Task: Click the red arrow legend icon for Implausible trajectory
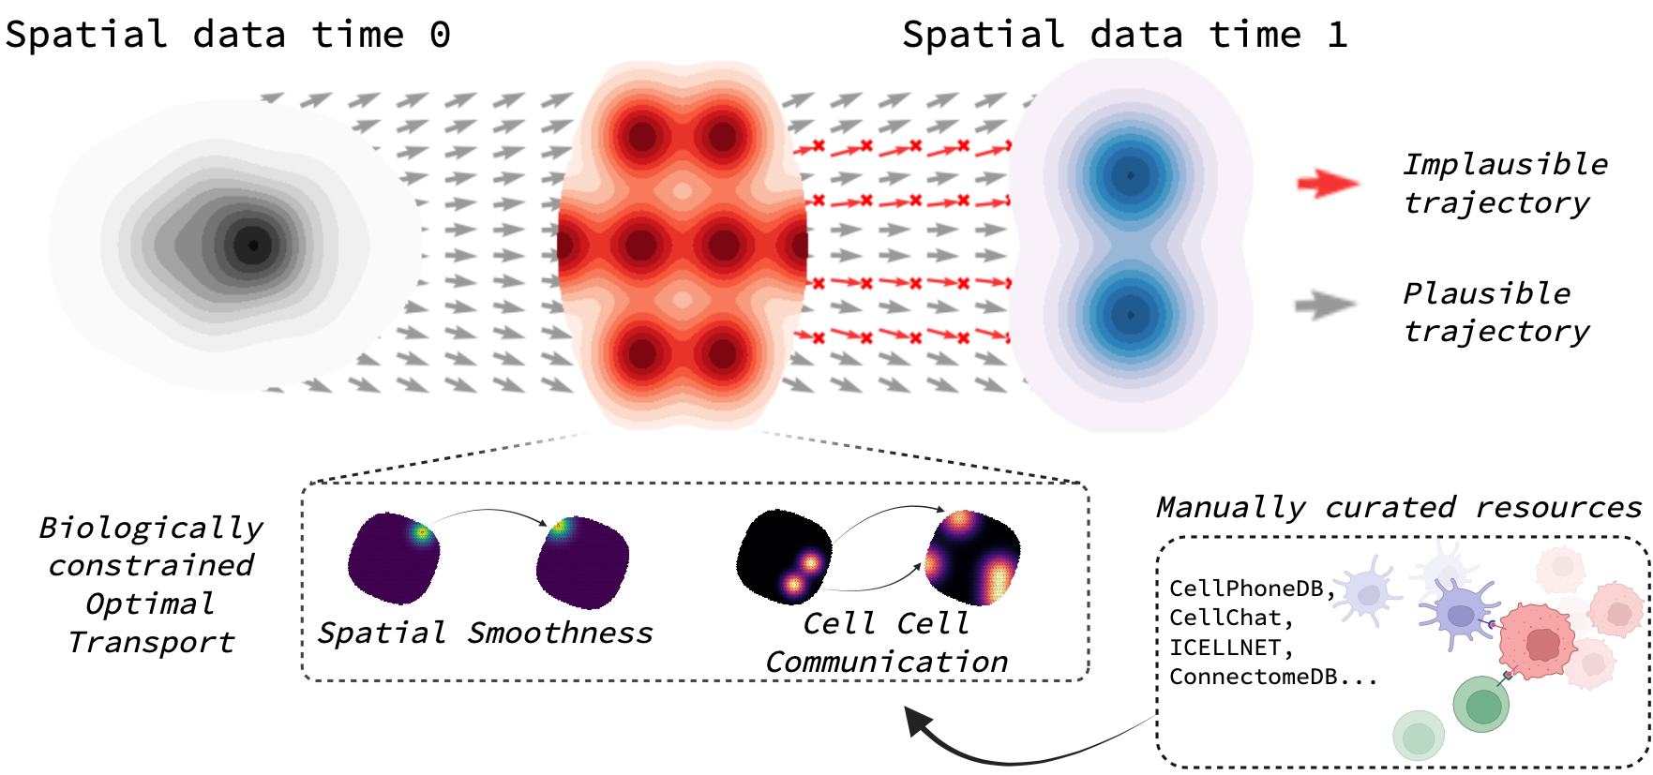click(1328, 183)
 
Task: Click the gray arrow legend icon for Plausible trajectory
click(1325, 305)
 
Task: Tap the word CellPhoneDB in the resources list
click(1247, 589)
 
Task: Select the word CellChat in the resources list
click(1225, 618)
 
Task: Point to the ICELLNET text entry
click(1225, 648)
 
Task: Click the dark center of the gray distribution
click(252, 246)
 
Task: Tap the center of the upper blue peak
click(1131, 175)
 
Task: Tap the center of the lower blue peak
click(1131, 315)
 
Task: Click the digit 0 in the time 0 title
click(440, 36)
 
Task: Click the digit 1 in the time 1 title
click(1337, 36)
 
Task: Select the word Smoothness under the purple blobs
click(560, 633)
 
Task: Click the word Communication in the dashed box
click(886, 663)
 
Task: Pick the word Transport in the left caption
click(151, 643)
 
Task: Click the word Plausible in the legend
click(1486, 293)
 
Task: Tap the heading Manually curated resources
click(1399, 507)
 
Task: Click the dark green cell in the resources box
click(1481, 705)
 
